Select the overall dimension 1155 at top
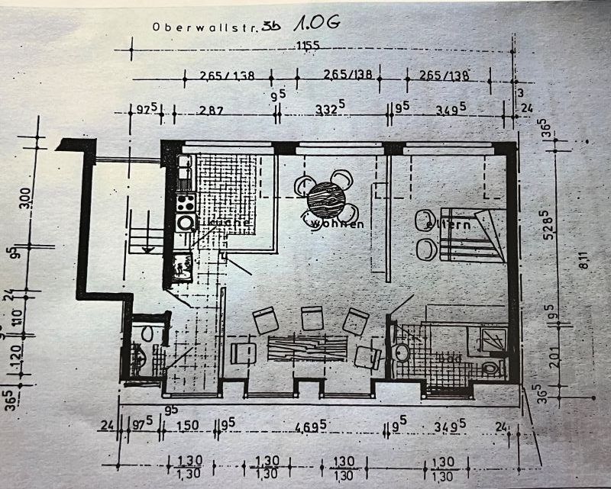tap(309, 46)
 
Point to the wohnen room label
tap(335, 224)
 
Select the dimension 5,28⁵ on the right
tap(564, 224)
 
